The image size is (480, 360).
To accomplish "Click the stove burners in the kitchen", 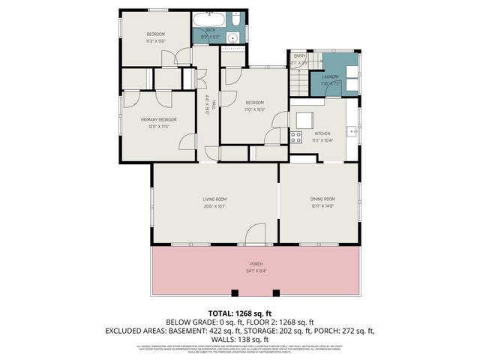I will (295, 136).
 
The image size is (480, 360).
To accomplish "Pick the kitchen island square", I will (304, 120).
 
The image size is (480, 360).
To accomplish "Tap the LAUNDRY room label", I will (331, 76).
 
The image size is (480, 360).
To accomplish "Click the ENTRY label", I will (299, 55).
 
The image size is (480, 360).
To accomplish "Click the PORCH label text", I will (256, 265).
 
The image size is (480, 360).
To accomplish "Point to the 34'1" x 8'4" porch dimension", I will (256, 271).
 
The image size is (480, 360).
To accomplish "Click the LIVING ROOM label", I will (214, 199).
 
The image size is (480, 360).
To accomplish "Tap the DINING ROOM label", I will (322, 199).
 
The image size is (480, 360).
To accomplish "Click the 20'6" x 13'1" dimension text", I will (214, 206).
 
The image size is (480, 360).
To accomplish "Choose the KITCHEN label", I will (322, 133).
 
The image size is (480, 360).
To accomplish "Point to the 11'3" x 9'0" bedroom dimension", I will (155, 41).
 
